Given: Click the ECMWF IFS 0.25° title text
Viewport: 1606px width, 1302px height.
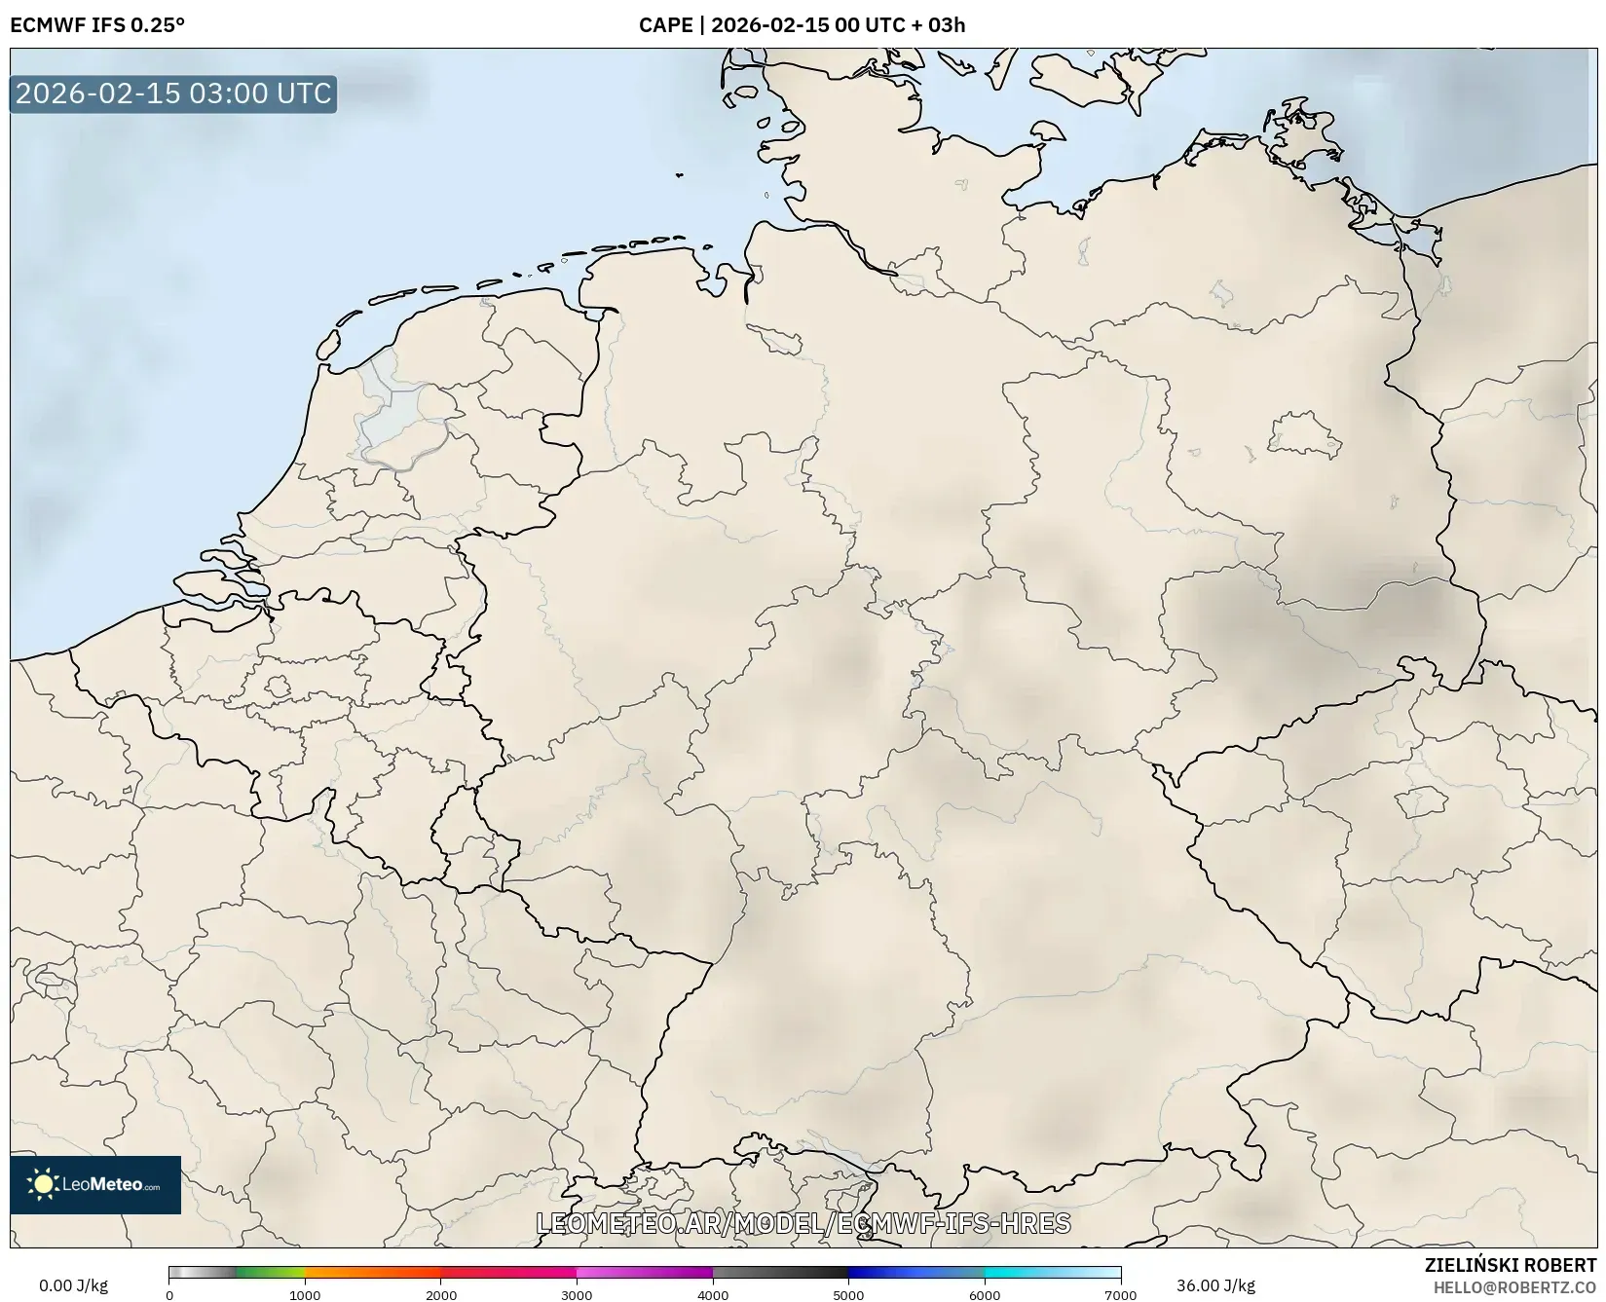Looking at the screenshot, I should click(96, 25).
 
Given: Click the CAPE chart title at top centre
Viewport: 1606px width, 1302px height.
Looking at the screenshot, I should click(802, 25).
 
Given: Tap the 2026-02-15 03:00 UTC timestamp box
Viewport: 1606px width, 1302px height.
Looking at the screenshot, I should click(173, 93).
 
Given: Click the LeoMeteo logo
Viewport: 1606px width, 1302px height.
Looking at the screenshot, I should click(95, 1184).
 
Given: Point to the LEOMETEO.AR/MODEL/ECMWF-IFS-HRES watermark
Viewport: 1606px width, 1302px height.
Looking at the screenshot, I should click(803, 1223).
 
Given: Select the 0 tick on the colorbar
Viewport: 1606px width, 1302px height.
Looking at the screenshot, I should click(169, 1295).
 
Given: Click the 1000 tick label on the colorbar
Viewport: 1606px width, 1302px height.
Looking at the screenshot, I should click(305, 1295).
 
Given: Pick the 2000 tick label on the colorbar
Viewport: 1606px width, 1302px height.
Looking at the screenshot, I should click(441, 1295).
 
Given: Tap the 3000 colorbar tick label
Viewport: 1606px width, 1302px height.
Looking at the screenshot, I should click(577, 1295).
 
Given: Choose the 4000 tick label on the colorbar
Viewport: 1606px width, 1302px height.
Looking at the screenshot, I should click(713, 1295).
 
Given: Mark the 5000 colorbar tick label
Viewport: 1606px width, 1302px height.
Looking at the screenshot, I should click(848, 1295).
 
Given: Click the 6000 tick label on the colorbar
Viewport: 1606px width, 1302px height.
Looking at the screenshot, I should click(985, 1295).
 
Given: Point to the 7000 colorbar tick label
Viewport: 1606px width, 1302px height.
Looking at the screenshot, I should click(1120, 1295).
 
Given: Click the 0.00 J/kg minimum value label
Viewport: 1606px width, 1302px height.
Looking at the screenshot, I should click(73, 1285).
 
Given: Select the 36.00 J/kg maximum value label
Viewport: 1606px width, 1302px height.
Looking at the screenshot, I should click(1215, 1285).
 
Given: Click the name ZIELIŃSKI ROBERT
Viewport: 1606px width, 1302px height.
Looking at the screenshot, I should click(1510, 1265).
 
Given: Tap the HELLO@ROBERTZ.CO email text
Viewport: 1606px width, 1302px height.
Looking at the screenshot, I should click(1514, 1287).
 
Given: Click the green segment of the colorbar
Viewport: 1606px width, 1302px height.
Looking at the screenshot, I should click(271, 1272).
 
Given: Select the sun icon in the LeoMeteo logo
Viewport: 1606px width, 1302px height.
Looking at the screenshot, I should click(43, 1184).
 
